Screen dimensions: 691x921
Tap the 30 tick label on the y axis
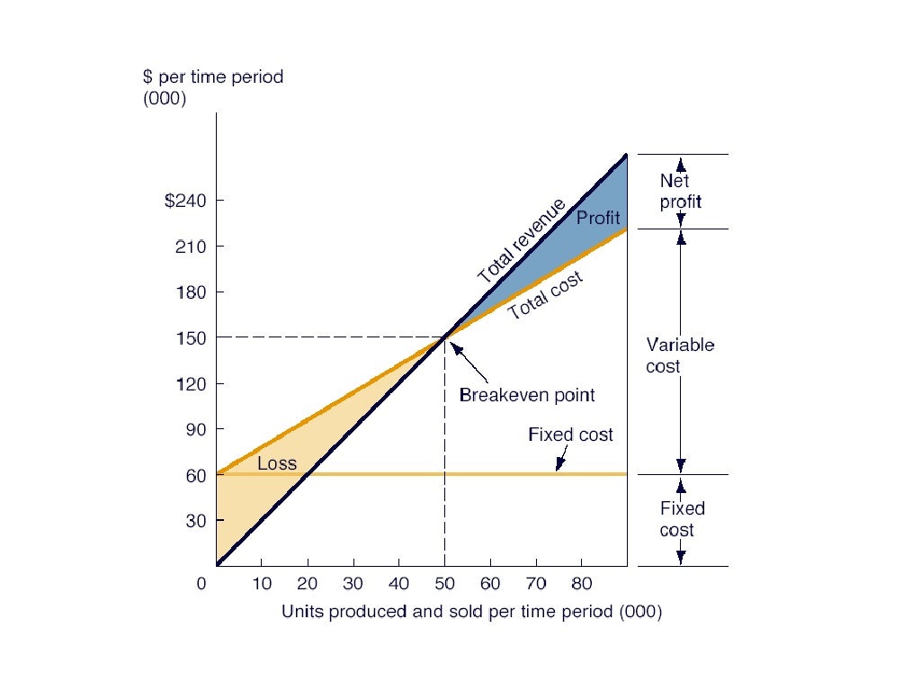pos(196,521)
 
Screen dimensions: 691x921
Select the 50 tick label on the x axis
pos(444,583)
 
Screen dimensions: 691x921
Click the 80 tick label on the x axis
pos(582,583)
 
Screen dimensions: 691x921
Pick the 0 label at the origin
pos(201,583)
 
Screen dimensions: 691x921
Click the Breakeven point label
pos(527,395)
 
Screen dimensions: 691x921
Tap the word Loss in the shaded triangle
pos(277,464)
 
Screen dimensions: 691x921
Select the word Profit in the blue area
pos(598,218)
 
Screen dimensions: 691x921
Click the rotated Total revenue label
pos(521,240)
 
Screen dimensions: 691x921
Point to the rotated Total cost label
pos(545,296)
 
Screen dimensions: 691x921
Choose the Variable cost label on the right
pos(680,355)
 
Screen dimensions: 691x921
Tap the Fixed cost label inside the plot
pos(570,435)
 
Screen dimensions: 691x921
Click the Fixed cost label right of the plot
pos(682,519)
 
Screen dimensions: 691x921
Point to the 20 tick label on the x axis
pos(307,583)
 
